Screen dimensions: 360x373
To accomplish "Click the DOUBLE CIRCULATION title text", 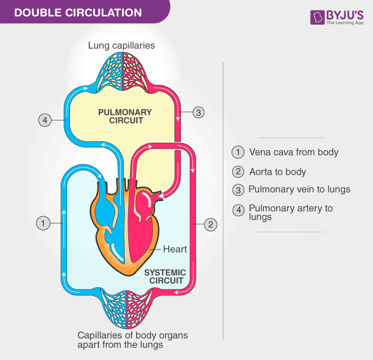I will pyautogui.click(x=78, y=12).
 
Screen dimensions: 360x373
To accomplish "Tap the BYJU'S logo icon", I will pyautogui.click(x=317, y=18).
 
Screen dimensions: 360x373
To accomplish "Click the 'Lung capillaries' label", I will pyautogui.click(x=122, y=46).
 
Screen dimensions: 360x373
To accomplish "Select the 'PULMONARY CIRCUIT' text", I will pyautogui.click(x=125, y=116).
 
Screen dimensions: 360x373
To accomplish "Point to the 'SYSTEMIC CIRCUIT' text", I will pyautogui.click(x=165, y=277).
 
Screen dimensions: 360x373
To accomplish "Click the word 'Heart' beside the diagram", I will pyautogui.click(x=175, y=249).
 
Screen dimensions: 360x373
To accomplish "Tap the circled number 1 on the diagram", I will pyautogui.click(x=43, y=223).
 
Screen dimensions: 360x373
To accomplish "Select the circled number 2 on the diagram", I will pyautogui.click(x=210, y=224).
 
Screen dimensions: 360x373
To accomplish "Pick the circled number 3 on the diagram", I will pyautogui.click(x=199, y=112).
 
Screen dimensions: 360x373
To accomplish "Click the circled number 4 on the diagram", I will pyautogui.click(x=45, y=120).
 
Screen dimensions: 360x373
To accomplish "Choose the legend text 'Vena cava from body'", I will pyautogui.click(x=294, y=152).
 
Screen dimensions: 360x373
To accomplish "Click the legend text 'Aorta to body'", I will pyautogui.click(x=277, y=172).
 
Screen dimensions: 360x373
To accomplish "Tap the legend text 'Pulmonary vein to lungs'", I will pyautogui.click(x=299, y=189).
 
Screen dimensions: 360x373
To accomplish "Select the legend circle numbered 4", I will pyautogui.click(x=238, y=210).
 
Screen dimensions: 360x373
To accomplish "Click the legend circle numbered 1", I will pyautogui.click(x=238, y=152).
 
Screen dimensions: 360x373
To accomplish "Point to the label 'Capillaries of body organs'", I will pyautogui.click(x=132, y=335).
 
